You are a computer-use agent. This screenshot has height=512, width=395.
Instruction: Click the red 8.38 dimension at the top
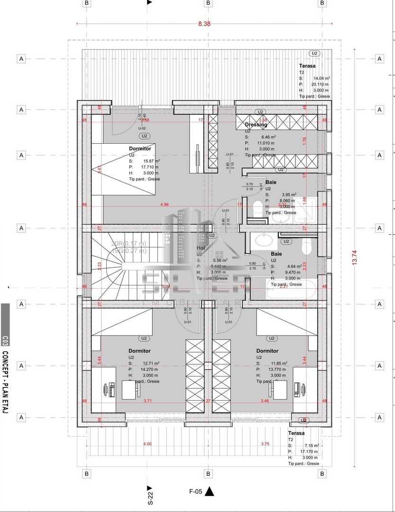[x=204, y=23]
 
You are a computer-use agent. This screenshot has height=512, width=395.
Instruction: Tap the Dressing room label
[x=256, y=125]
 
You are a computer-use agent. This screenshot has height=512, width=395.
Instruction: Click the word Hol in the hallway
[x=201, y=248]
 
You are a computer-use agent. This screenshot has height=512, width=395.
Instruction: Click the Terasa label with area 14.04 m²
[x=307, y=66]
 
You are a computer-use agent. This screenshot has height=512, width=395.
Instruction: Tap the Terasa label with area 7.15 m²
[x=296, y=433]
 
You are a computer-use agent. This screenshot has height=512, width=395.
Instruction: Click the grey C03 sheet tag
[x=5, y=340]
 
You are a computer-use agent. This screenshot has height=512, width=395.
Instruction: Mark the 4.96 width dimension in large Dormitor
[x=164, y=205]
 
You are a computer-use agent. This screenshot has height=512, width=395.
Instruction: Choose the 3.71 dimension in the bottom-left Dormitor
[x=147, y=401]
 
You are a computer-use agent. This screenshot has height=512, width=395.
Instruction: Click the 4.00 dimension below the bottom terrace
[x=147, y=444]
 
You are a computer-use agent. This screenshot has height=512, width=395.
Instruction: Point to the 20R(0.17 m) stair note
[x=129, y=243]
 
